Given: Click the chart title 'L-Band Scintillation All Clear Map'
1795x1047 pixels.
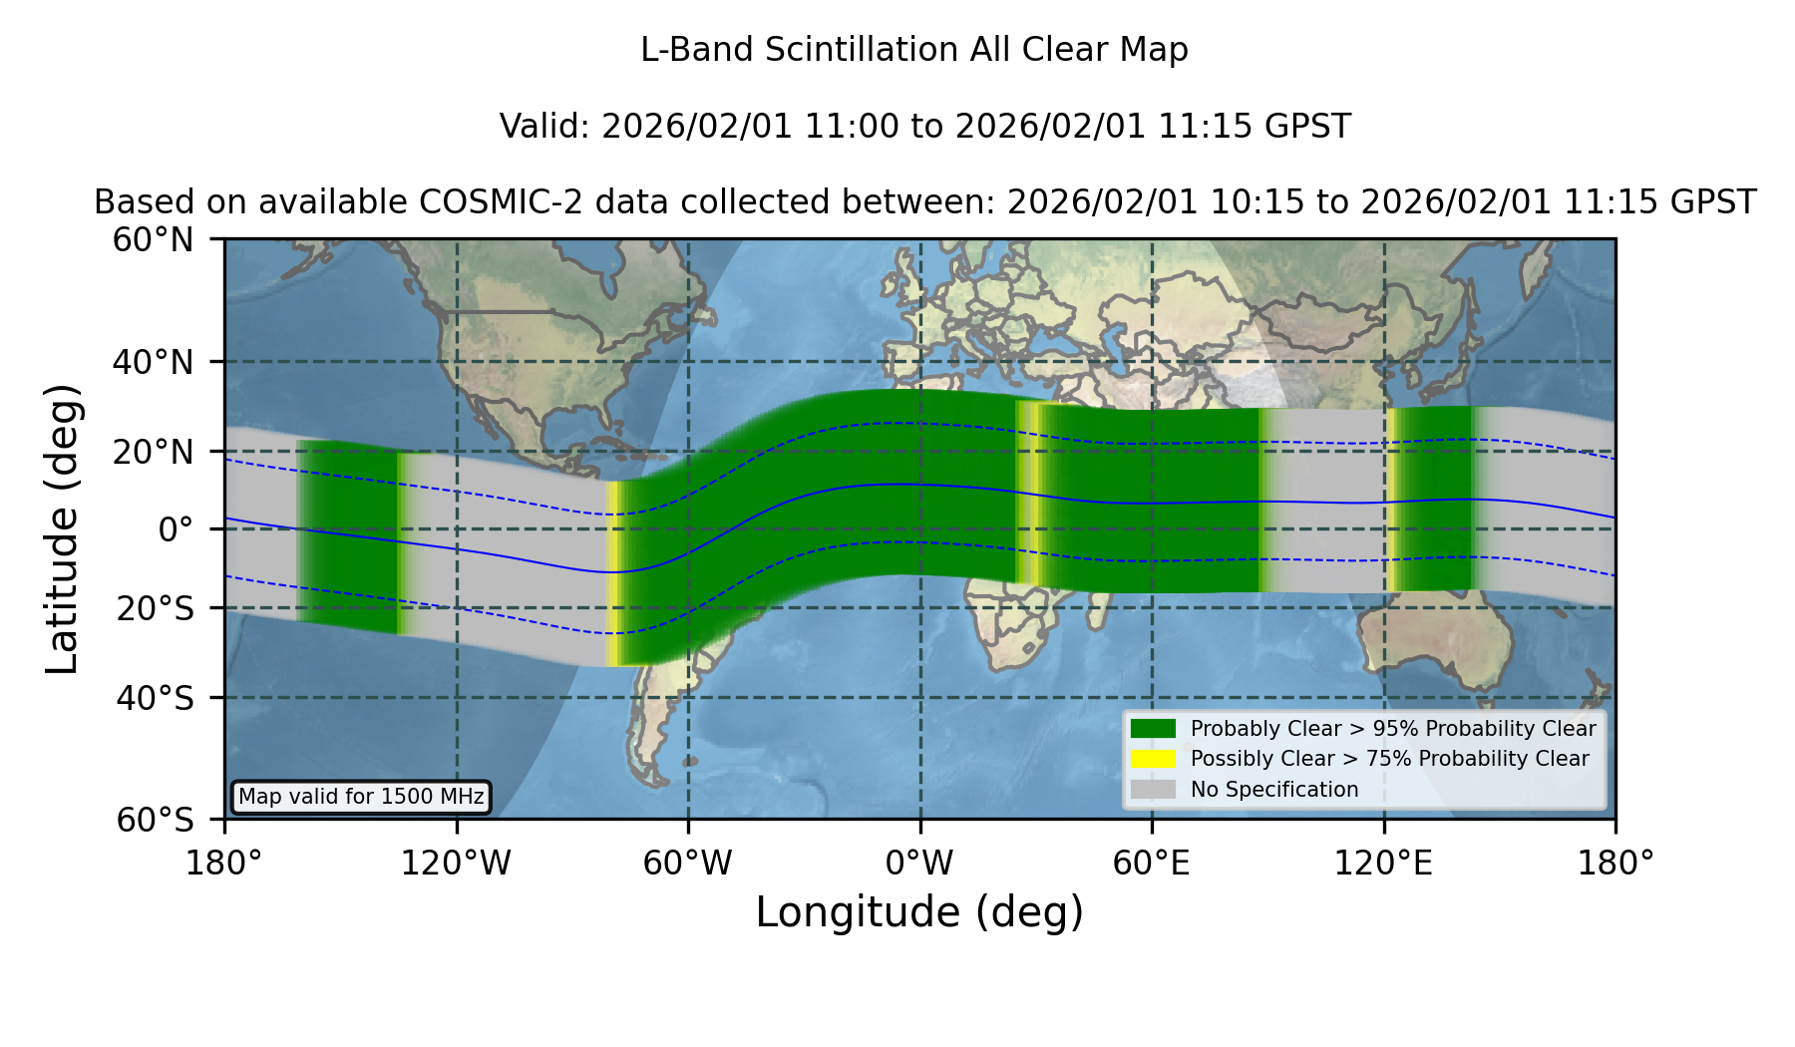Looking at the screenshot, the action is (x=914, y=50).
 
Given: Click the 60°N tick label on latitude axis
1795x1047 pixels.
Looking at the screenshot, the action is (x=154, y=240).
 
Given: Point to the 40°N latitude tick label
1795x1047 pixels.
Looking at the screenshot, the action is (x=154, y=362).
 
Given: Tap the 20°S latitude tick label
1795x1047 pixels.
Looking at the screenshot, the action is (x=156, y=608).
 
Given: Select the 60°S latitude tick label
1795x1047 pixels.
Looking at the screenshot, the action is (x=156, y=821).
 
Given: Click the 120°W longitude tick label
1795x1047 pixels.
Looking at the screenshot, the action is (x=456, y=864).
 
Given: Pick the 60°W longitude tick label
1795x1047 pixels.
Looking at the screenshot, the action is (x=688, y=864).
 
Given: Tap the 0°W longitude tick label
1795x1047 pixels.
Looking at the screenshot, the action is (x=920, y=864).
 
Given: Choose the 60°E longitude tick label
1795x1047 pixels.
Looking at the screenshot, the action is (x=1152, y=864).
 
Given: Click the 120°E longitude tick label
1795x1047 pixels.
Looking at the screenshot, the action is (x=1384, y=864).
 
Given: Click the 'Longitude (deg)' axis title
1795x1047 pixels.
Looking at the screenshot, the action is (x=919, y=913).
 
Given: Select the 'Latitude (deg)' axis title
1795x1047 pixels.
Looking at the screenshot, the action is (x=63, y=528).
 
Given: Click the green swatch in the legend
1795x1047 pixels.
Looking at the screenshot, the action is (x=1154, y=728).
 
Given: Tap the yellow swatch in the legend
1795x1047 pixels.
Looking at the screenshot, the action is (x=1154, y=759).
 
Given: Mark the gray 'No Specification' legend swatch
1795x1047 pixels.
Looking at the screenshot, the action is (x=1154, y=789).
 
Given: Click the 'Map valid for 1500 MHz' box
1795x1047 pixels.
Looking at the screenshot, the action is (x=361, y=797).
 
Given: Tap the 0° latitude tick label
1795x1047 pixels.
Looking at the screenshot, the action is (x=176, y=529).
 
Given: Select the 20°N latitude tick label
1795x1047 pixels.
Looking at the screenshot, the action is (x=154, y=452).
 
